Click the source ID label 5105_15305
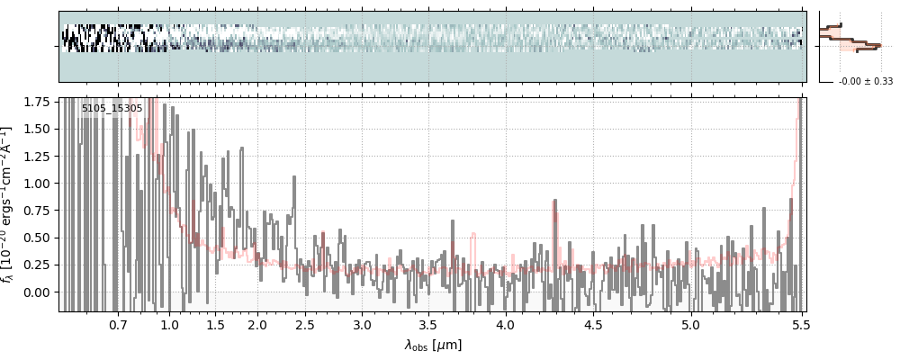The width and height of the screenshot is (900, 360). coord(112,109)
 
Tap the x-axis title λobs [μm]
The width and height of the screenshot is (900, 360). coord(433,345)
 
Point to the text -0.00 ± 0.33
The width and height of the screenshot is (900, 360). coord(865,82)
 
